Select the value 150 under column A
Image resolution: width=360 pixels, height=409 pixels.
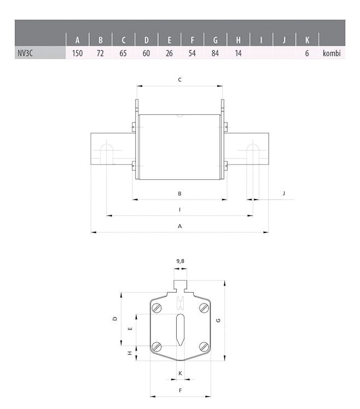(77, 53)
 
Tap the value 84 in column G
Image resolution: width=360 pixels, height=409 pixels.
(215, 53)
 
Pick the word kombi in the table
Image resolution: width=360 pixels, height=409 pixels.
(332, 53)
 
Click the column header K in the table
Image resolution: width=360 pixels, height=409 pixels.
(307, 39)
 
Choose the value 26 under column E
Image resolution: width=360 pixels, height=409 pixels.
(169, 53)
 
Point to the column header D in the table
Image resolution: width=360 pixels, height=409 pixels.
(146, 39)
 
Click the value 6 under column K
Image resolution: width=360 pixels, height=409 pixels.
(307, 53)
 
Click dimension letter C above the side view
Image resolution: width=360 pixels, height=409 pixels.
(180, 80)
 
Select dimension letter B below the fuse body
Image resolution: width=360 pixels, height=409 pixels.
(179, 194)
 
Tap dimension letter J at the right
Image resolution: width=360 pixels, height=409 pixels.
(284, 194)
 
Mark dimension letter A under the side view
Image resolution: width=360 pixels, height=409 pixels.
(179, 226)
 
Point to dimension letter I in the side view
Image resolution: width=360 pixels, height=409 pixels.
(179, 209)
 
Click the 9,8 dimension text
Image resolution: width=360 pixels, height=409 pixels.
(180, 261)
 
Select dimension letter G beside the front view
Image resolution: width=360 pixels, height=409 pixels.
(218, 320)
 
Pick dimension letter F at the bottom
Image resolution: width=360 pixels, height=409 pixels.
(180, 390)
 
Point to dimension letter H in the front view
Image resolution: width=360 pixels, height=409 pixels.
(130, 353)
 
